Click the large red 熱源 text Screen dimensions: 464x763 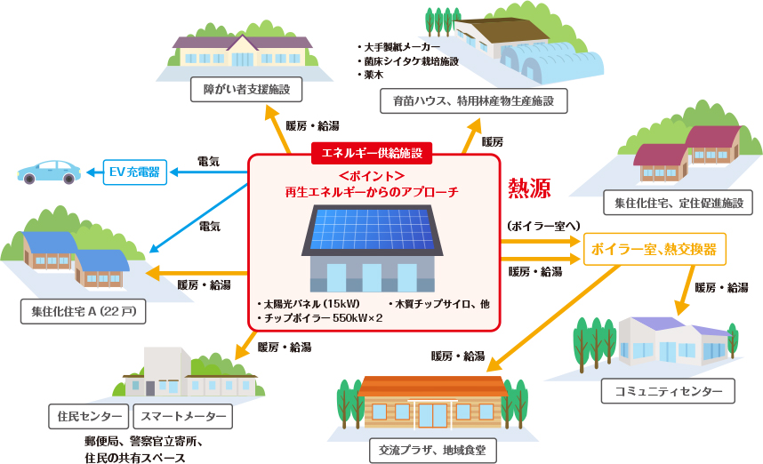click(x=529, y=188)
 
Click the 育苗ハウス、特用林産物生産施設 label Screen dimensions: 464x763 click(x=474, y=101)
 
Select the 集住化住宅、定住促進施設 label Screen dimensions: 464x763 click(x=678, y=203)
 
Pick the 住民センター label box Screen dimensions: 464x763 click(x=89, y=416)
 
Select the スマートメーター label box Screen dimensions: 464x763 click(x=181, y=416)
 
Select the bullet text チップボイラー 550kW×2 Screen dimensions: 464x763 click(x=319, y=317)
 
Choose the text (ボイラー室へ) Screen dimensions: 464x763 click(x=542, y=226)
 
